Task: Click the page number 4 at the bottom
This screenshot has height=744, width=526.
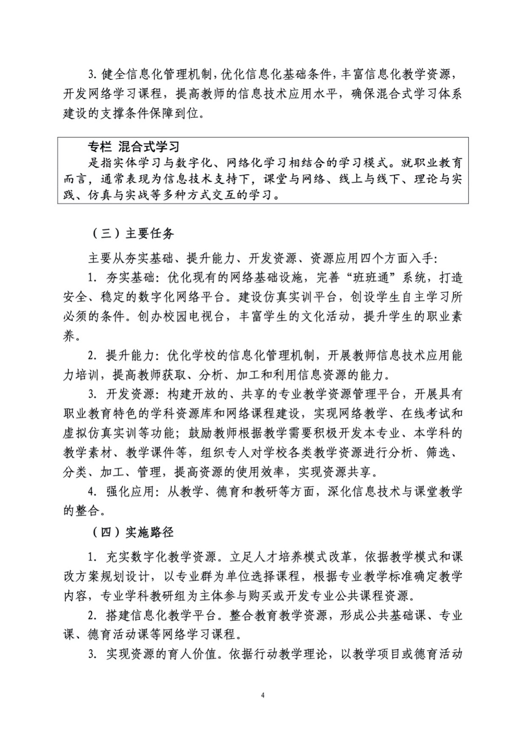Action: (263, 696)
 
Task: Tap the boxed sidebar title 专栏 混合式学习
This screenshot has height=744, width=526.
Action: (133, 147)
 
